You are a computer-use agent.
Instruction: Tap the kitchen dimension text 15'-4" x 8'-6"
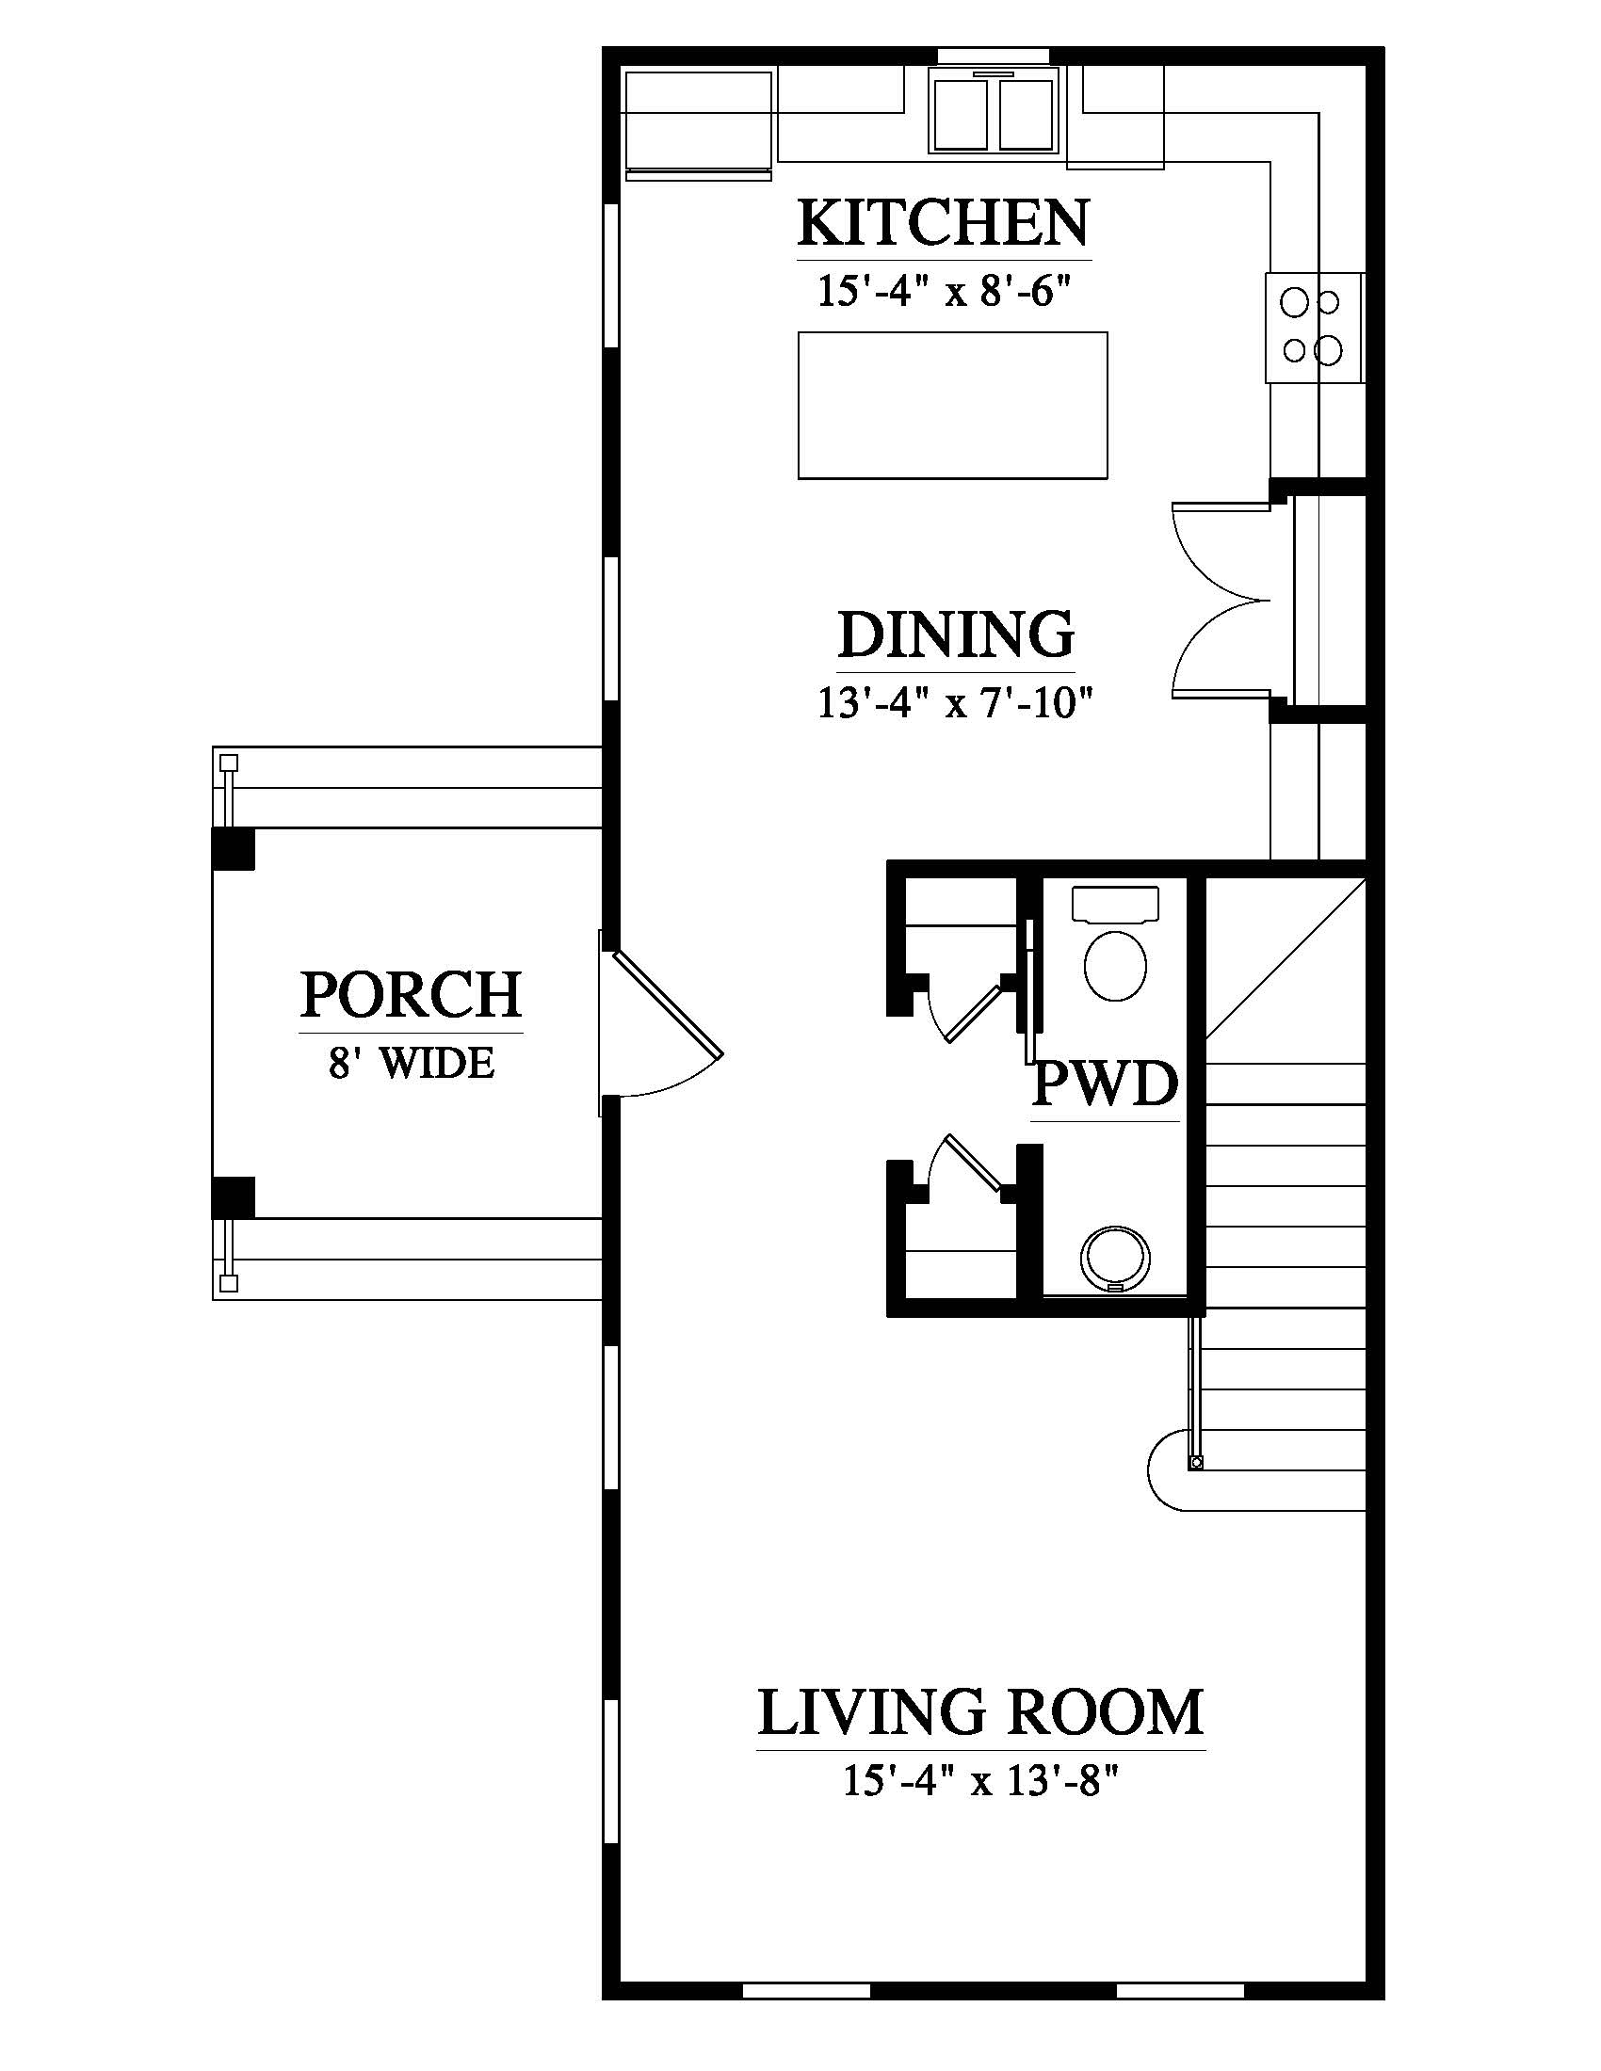pos(945,291)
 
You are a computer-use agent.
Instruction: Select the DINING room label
pos(956,634)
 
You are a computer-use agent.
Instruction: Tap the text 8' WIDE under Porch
pos(411,1063)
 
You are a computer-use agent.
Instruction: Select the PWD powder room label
pos(1104,1084)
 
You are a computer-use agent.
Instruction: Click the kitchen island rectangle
pos(952,405)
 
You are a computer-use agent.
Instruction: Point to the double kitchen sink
pos(993,111)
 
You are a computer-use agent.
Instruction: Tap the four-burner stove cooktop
pos(1314,329)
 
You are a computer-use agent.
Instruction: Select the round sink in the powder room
pos(1115,1260)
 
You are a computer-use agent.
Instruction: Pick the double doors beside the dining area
pos(1221,600)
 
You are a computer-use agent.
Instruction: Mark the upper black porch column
pos(233,849)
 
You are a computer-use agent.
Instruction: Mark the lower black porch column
pos(233,1197)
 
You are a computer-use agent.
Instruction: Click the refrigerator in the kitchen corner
pos(698,123)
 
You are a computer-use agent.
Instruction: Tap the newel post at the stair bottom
pos(1196,1463)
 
